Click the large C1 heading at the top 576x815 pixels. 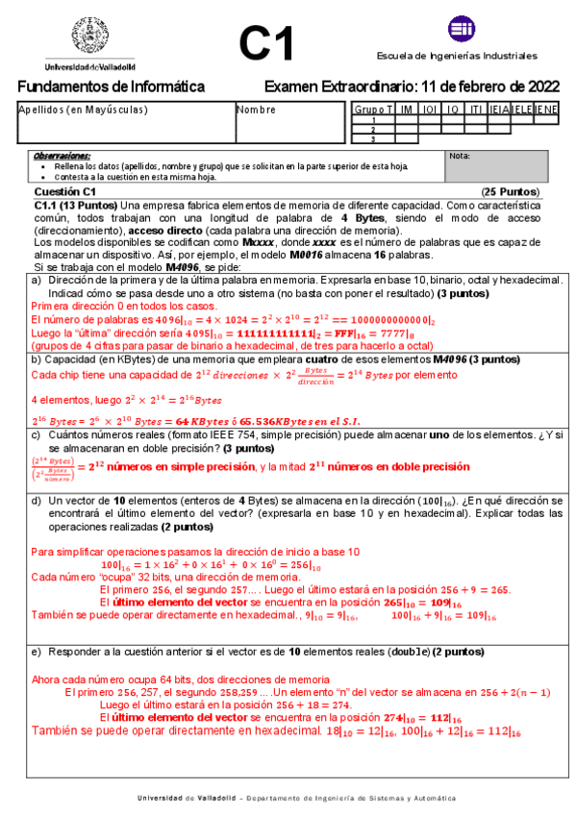click(266, 44)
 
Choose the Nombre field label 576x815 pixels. click(257, 110)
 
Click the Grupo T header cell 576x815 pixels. click(373, 110)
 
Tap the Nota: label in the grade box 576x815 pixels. click(460, 155)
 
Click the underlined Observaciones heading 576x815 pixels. click(62, 155)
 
